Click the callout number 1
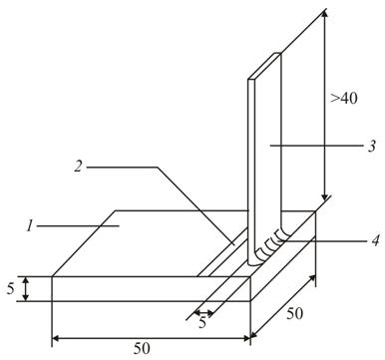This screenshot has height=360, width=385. tap(30, 227)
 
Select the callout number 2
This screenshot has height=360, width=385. tap(78, 167)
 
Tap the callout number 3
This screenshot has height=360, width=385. tap(372, 146)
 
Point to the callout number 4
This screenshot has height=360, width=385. tap(375, 240)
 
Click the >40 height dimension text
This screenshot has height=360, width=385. tap(344, 99)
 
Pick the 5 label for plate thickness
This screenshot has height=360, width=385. tap(11, 289)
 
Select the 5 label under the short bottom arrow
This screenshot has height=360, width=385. tap(202, 322)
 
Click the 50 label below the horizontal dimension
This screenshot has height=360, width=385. tap(142, 349)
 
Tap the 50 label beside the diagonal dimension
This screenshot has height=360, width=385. tap(295, 314)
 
